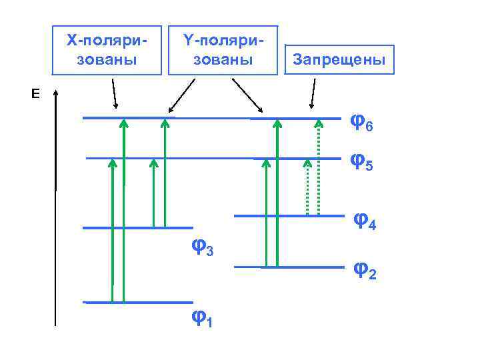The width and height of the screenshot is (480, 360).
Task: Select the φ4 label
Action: pos(365,220)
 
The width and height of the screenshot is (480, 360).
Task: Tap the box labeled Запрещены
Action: pos(339,61)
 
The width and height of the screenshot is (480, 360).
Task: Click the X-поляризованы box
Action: pos(107,50)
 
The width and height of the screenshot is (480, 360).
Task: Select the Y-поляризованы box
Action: pos(222,50)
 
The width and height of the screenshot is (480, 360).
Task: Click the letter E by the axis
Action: pos(35,94)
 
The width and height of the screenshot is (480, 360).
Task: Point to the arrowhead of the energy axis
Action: pos(57,93)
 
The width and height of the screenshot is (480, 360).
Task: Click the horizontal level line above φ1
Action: pos(138,303)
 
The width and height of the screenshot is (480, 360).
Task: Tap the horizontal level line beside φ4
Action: pos(288,216)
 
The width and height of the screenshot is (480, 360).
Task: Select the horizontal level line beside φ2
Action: pos(288,267)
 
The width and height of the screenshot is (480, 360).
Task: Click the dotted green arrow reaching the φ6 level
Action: pos(319,167)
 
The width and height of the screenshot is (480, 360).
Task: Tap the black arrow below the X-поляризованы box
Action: pos(114,93)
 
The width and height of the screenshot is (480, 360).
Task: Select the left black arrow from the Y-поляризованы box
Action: pos(181,95)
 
